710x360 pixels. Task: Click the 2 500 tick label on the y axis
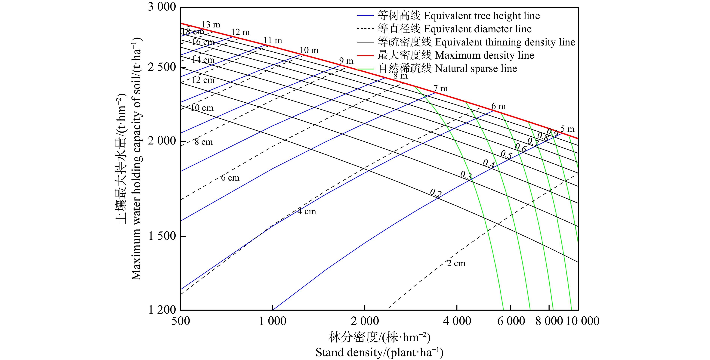pyautogui.click(x=162, y=67)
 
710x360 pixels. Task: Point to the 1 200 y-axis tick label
pyautogui.click(x=162, y=310)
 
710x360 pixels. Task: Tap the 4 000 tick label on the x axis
pyautogui.click(x=457, y=321)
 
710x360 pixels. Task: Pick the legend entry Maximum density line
pyautogui.click(x=455, y=55)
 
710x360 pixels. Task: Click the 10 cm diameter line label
pyautogui.click(x=202, y=108)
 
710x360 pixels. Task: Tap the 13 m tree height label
pyautogui.click(x=211, y=25)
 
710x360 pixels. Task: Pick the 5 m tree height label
pyautogui.click(x=567, y=129)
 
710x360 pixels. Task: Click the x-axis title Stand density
pyautogui.click(x=379, y=352)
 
